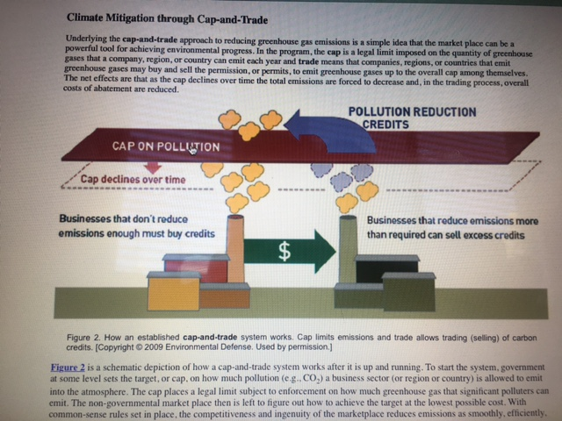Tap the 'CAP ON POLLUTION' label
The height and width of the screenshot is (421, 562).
[x=166, y=145]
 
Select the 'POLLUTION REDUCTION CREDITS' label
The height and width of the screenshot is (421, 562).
[x=412, y=118]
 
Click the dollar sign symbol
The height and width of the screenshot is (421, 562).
[x=284, y=252]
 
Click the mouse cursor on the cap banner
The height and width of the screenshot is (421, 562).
[x=191, y=149]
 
